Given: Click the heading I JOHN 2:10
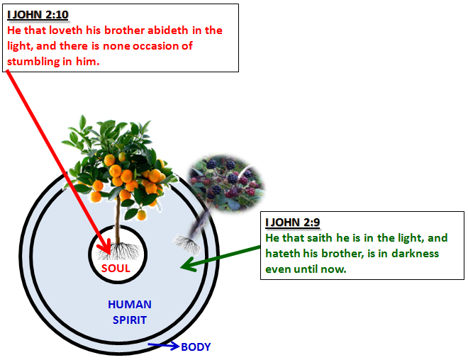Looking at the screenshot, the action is click(38, 14).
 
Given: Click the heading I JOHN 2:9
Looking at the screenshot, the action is click(292, 223).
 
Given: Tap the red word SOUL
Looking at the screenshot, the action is click(116, 269).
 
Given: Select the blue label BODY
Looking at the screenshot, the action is click(196, 347).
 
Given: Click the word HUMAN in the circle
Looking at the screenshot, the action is click(130, 305).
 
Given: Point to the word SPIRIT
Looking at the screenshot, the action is click(130, 320).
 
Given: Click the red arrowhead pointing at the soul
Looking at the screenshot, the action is click(105, 247).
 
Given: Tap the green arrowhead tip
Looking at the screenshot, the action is click(181, 266).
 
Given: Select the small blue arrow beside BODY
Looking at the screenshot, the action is click(163, 346).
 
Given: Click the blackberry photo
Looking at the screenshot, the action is click(226, 183).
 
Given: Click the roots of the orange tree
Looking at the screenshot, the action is click(118, 251).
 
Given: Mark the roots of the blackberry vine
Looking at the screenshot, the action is click(187, 244).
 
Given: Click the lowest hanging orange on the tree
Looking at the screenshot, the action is click(142, 215).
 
